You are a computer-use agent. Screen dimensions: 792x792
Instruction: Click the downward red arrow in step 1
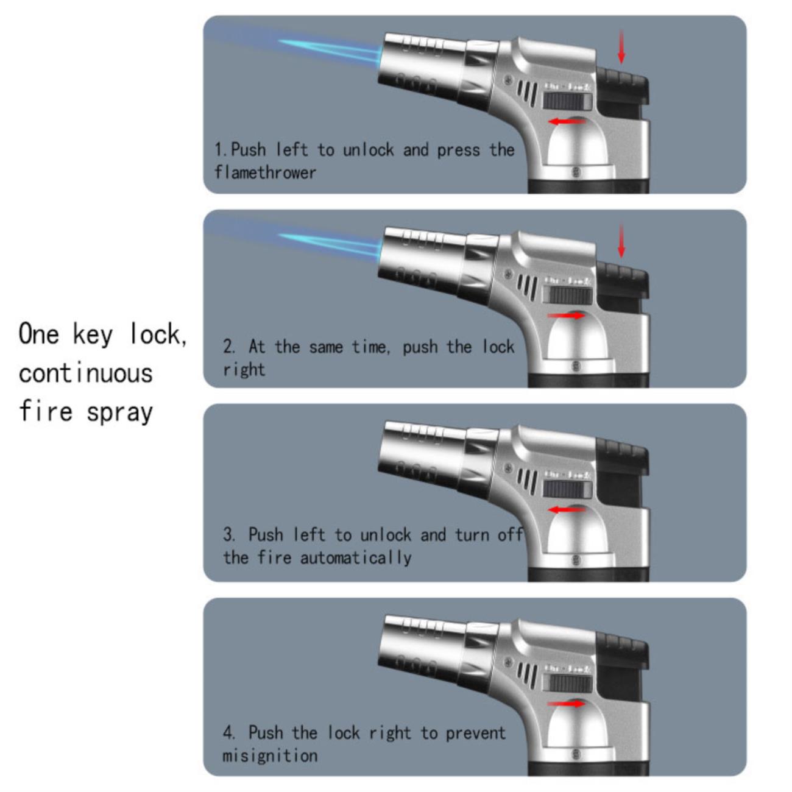pos(621,46)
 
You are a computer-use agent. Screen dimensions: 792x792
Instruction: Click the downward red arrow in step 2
pos(621,241)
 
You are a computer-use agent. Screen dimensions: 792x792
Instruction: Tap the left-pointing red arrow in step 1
pos(567,121)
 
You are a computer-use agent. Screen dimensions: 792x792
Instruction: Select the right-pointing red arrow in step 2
pos(566,315)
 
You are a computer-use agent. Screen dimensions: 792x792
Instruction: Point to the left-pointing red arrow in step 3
pos(567,510)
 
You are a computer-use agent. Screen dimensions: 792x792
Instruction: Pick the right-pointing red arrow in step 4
pos(566,704)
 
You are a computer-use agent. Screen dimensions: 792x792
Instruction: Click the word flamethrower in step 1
pos(265,172)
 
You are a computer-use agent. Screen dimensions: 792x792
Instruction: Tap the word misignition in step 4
pos(270,755)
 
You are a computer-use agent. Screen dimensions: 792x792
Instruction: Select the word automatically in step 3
pos(356,558)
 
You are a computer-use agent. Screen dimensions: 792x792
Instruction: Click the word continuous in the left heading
pos(86,373)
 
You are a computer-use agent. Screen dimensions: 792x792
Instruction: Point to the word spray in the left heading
pos(119,412)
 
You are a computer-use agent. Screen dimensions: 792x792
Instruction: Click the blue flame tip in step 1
pos(280,41)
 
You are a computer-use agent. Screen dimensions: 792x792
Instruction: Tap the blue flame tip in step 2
pos(280,235)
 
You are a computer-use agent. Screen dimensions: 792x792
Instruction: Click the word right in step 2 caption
pos(244,369)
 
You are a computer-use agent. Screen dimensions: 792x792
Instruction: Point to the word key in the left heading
pos(93,334)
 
